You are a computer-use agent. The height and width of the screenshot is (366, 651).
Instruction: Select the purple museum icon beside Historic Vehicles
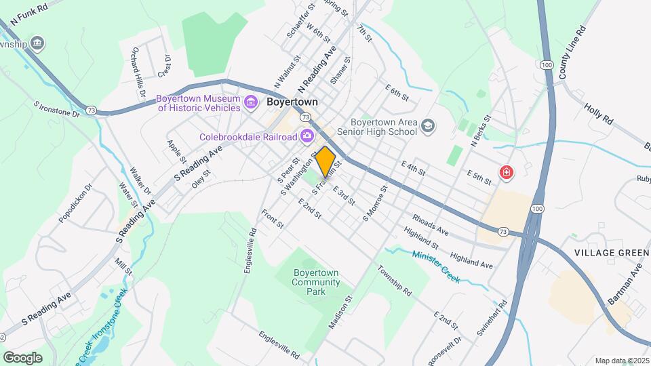251,103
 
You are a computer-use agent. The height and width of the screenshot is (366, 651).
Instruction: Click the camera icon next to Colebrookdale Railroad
307,136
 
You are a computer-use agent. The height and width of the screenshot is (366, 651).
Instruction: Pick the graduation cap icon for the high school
428,125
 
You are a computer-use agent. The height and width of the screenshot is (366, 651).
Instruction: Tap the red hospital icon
505,174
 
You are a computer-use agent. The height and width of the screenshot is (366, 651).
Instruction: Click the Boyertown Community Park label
315,282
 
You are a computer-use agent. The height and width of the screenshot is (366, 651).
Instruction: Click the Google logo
22,357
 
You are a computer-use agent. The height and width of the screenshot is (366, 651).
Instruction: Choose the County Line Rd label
571,53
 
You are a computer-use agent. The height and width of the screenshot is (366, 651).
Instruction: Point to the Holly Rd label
598,113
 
